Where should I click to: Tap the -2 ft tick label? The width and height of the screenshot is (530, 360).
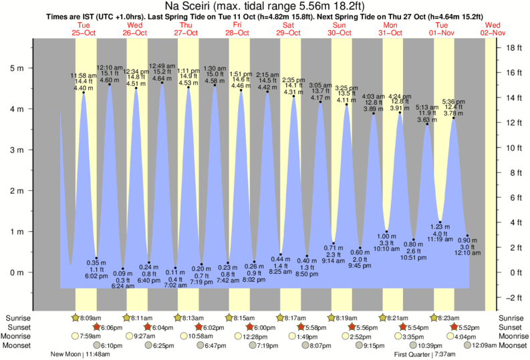coord(513,298)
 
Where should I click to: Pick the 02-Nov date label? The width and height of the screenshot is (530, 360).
coord(493,32)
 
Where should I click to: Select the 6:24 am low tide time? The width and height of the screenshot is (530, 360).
coord(122,286)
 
